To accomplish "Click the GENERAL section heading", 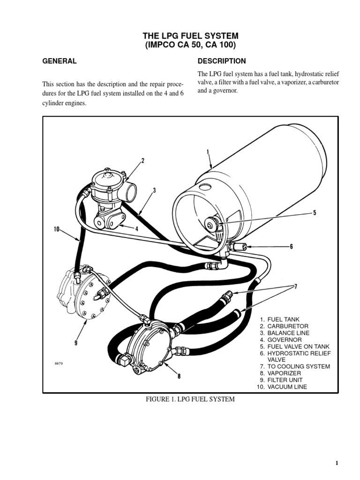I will coord(60,61).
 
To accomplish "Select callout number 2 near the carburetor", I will coord(143,160).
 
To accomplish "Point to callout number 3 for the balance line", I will coord(154,190).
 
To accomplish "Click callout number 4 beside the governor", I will coord(137,229).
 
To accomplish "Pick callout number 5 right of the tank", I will coord(315,213).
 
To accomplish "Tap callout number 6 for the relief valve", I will coord(292,247).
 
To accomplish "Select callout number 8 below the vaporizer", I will coord(179,375).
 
